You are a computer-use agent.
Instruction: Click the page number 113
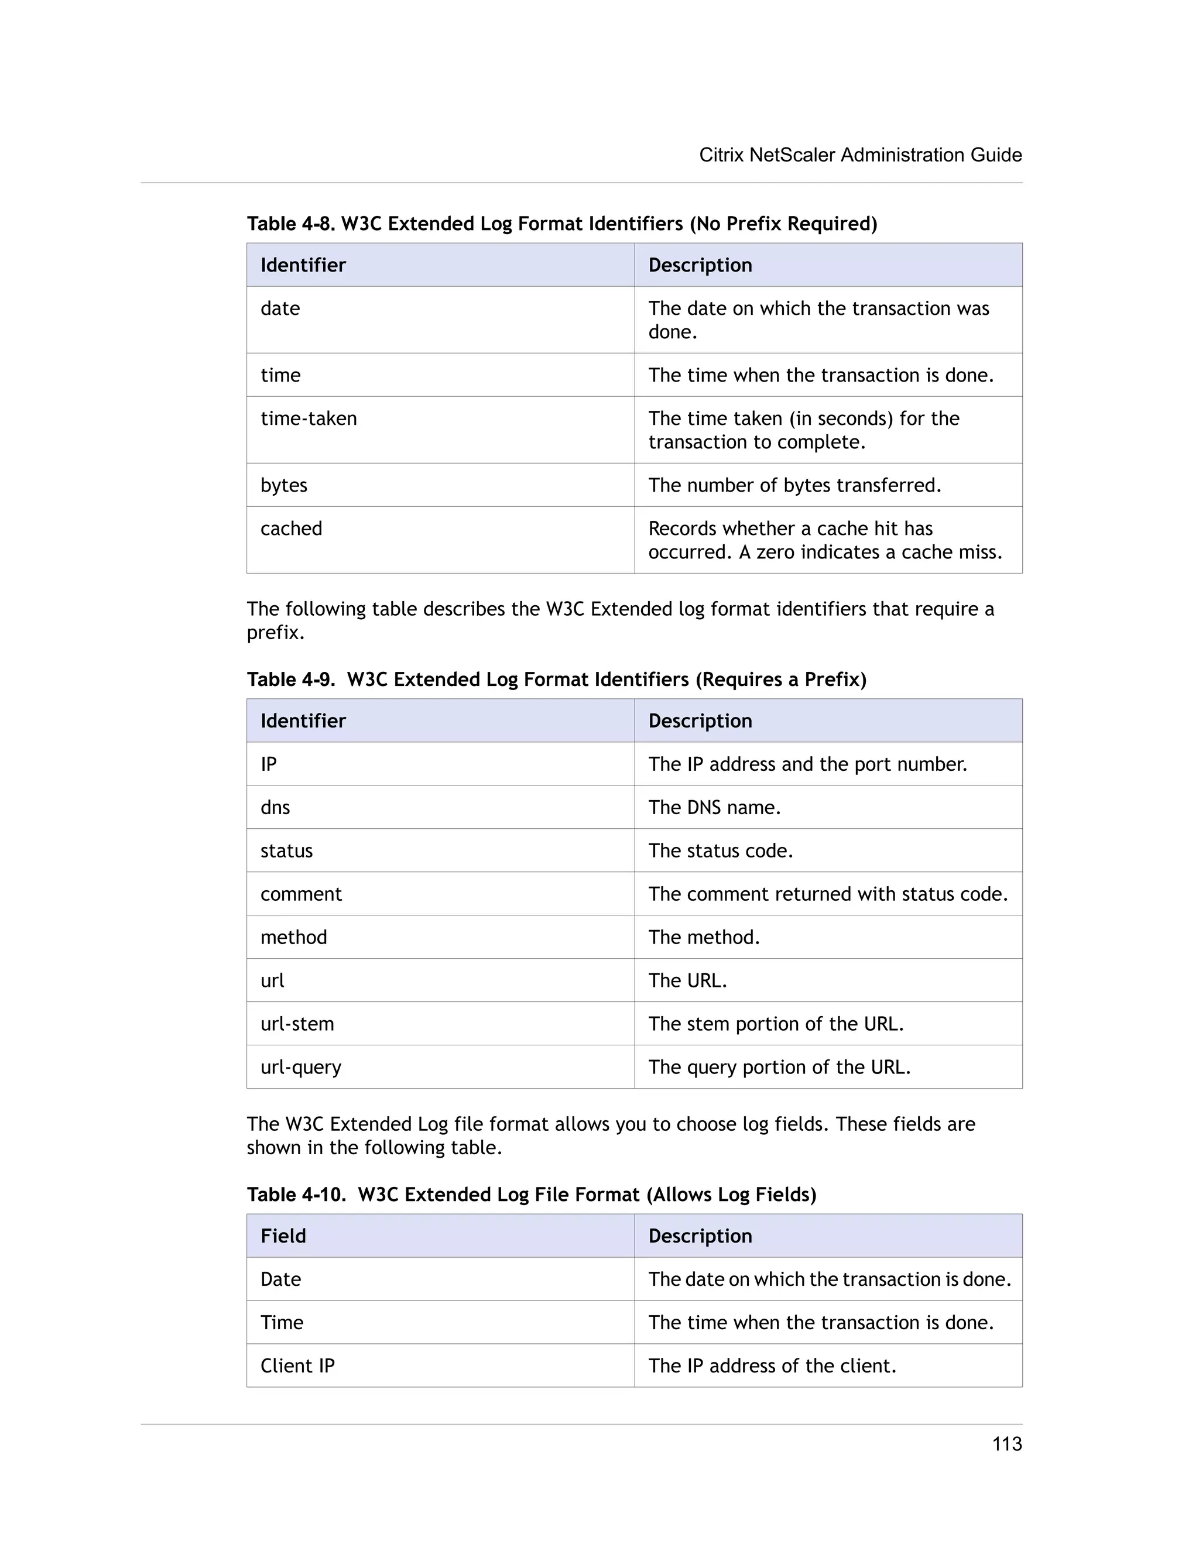[x=1006, y=1444]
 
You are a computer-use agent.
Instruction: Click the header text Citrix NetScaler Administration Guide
[x=860, y=155]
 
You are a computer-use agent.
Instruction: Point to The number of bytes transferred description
[x=794, y=485]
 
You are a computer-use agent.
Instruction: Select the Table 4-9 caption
[x=556, y=680]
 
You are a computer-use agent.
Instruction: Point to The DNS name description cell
[x=714, y=808]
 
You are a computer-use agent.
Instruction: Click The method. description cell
[x=704, y=938]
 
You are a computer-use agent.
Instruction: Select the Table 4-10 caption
[x=532, y=1195]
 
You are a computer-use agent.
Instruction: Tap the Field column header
[x=283, y=1236]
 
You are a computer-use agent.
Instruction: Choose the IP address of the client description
[x=772, y=1365]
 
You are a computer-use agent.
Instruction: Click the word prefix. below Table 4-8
[x=275, y=633]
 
